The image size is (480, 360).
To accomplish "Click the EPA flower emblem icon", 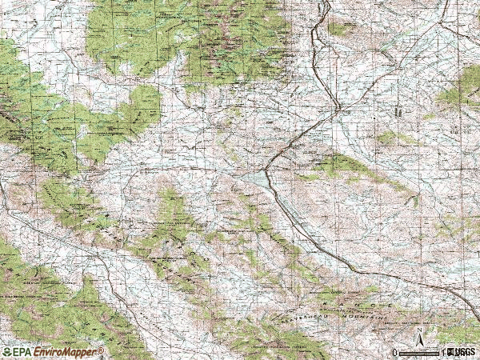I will [x=6, y=352].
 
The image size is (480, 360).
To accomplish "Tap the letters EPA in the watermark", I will [x=22, y=352].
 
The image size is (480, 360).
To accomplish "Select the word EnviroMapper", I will [x=66, y=352].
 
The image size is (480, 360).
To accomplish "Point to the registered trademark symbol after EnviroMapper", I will [x=102, y=350].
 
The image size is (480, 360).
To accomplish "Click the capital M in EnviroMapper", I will [x=70, y=352].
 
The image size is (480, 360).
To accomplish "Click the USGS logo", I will [x=462, y=352].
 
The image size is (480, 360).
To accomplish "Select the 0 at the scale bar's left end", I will [x=395, y=353].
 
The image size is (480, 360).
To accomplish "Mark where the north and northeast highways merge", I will [x=338, y=107].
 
